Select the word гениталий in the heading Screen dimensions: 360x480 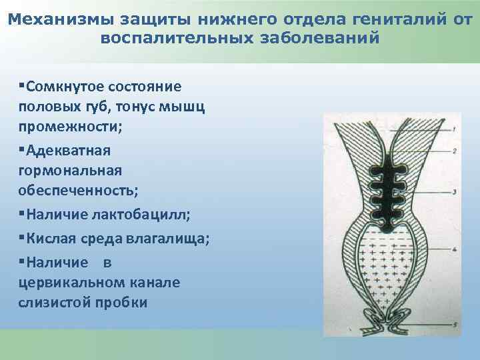pyautogui.click(x=379, y=20)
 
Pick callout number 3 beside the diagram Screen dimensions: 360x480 pyautogui.click(x=453, y=192)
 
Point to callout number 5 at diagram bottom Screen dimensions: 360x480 pyautogui.click(x=453, y=324)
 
